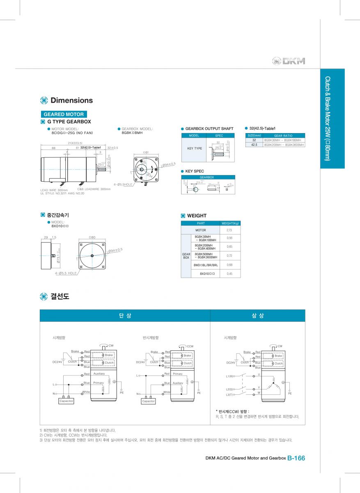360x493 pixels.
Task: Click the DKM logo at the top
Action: (289, 61)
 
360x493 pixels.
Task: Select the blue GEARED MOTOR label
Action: (64, 114)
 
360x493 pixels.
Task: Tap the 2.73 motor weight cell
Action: (229, 230)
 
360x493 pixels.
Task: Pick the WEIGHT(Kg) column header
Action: (230, 223)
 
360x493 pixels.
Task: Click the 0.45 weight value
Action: (229, 273)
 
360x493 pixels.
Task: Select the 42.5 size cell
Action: (254, 145)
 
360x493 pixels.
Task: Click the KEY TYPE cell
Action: (195, 148)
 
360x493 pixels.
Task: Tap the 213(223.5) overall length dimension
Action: (75, 143)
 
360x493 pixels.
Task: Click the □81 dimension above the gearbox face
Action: (145, 152)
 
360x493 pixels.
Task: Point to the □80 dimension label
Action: (92, 237)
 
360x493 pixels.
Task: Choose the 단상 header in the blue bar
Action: (125, 316)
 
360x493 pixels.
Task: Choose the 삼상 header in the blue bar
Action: (257, 316)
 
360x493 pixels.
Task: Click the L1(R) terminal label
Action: (229, 376)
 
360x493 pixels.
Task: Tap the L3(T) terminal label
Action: (229, 394)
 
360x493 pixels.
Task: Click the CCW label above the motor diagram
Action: (190, 346)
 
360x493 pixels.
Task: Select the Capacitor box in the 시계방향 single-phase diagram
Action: (66, 401)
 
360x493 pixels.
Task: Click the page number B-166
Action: (296, 458)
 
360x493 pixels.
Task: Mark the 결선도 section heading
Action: (60, 296)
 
